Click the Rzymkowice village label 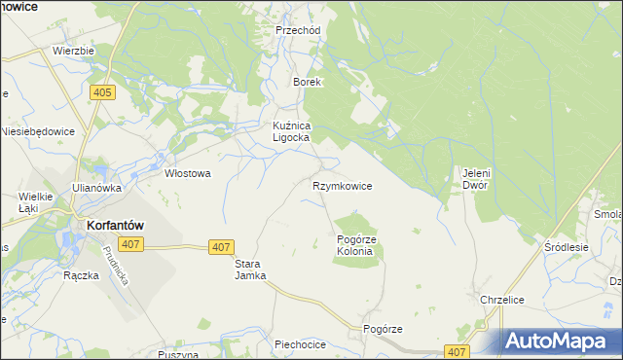click(342, 185)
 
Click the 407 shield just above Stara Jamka click(221, 248)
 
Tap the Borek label click(308, 83)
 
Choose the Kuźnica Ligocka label click(290, 131)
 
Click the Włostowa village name click(188, 173)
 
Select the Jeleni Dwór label click(475, 179)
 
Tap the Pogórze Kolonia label click(354, 245)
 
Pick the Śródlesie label click(568, 247)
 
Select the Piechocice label click(299, 344)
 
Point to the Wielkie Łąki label click(27, 201)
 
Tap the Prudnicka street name click(116, 264)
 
